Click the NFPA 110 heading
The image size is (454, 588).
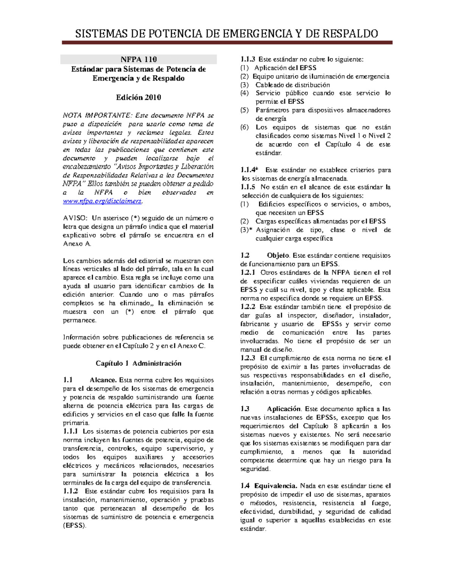pyautogui.click(x=138, y=59)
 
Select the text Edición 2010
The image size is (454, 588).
pyautogui.click(x=138, y=97)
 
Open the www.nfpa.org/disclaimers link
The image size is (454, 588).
pyautogui.click(x=102, y=201)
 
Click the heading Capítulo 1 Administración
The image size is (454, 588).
pyautogui.click(x=138, y=363)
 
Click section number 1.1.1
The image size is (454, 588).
pyautogui.click(x=71, y=431)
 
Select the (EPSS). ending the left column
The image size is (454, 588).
pyautogui.click(x=75, y=526)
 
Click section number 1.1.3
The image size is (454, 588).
pyautogui.click(x=248, y=59)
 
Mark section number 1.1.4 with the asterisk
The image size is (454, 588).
pyautogui.click(x=250, y=170)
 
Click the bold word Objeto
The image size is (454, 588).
pyautogui.click(x=278, y=256)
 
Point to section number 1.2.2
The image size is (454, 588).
pyautogui.click(x=248, y=307)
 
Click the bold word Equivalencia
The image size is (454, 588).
pyautogui.click(x=276, y=486)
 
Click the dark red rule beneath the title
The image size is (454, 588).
pyautogui.click(x=227, y=43)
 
